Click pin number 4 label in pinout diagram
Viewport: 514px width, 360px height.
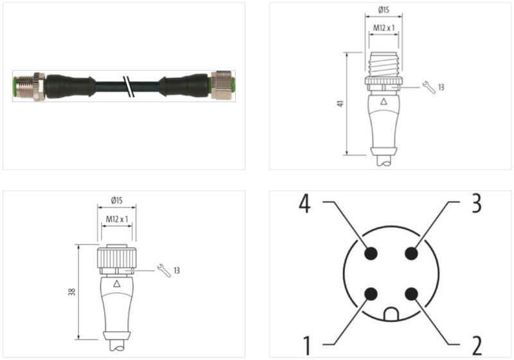click(x=305, y=205)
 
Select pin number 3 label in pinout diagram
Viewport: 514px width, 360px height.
click(x=476, y=204)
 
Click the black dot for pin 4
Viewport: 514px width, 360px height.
click(x=370, y=253)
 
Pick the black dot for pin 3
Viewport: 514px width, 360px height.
click(x=411, y=253)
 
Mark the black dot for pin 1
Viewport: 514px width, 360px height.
click(x=370, y=294)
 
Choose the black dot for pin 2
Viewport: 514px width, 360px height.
click(x=411, y=294)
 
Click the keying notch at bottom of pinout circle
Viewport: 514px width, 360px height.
click(x=391, y=314)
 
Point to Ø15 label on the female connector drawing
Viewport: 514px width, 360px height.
click(x=117, y=201)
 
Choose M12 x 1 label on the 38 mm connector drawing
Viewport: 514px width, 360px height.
click(x=116, y=219)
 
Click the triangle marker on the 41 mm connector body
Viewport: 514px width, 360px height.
click(x=384, y=102)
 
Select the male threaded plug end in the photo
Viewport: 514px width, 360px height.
click(x=27, y=85)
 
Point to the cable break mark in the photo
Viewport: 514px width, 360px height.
click(x=130, y=85)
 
